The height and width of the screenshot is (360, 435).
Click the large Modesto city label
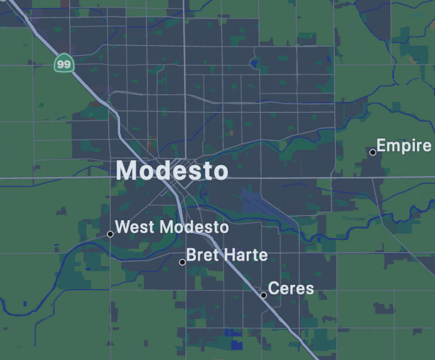[x=172, y=171]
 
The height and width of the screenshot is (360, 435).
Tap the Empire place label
[x=404, y=146]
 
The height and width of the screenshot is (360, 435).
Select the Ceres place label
[x=291, y=288]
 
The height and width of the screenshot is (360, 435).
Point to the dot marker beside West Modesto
[x=110, y=234]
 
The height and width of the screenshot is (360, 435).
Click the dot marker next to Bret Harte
[x=182, y=262]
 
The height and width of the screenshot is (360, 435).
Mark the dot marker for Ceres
[x=264, y=295]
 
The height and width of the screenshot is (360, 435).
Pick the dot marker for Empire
[x=373, y=152]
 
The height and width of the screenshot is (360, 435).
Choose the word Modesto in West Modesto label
[x=194, y=227]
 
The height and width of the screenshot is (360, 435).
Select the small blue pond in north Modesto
[x=253, y=64]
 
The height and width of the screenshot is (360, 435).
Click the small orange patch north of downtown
[x=231, y=132]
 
